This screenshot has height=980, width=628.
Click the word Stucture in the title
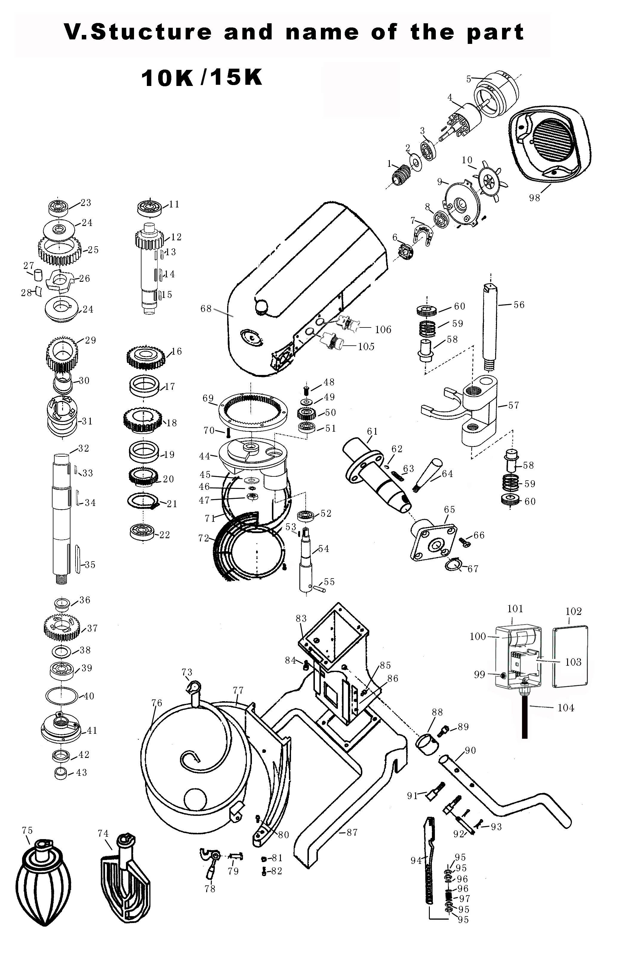(x=151, y=32)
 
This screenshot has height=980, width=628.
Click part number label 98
(x=534, y=198)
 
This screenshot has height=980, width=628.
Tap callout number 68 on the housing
(x=206, y=309)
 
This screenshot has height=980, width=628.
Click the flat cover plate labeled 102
(x=570, y=657)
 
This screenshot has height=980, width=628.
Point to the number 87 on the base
(x=352, y=832)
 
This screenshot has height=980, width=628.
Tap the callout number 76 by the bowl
(x=157, y=702)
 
